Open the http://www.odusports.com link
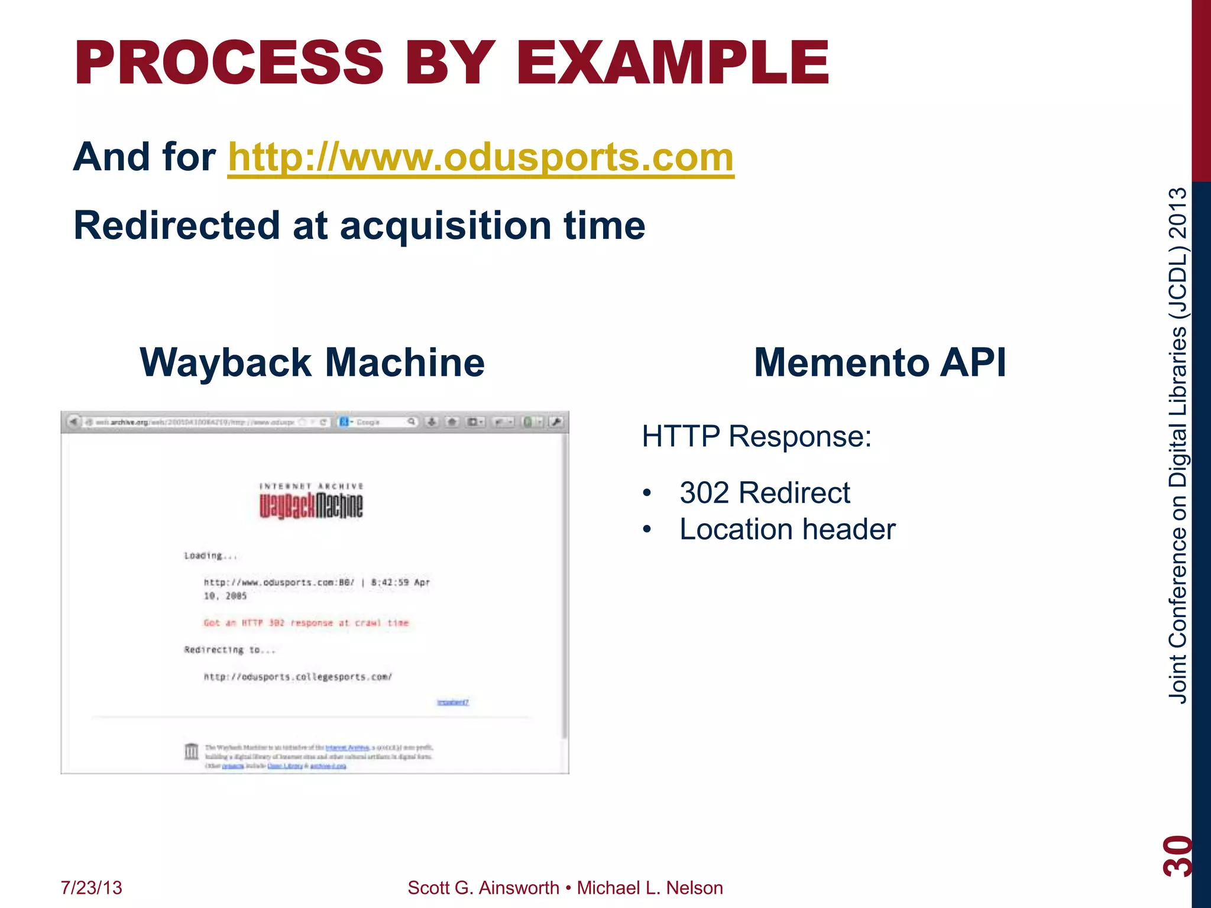480,157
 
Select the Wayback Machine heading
312,362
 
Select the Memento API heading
880,362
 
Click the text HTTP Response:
756,437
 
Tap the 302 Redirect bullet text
764,493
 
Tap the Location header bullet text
787,530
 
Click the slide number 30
1177,855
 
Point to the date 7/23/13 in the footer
91,888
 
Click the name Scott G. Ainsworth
483,888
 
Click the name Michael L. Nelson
649,888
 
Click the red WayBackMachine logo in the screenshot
311,506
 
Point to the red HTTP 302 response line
306,623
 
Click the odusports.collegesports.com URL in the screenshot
297,677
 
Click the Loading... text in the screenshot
210,556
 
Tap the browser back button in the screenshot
73,422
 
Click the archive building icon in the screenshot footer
192,751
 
